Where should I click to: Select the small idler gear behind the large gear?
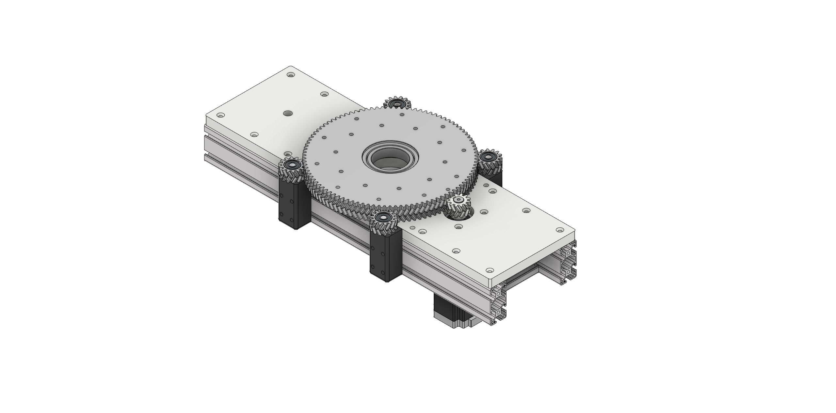397,103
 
